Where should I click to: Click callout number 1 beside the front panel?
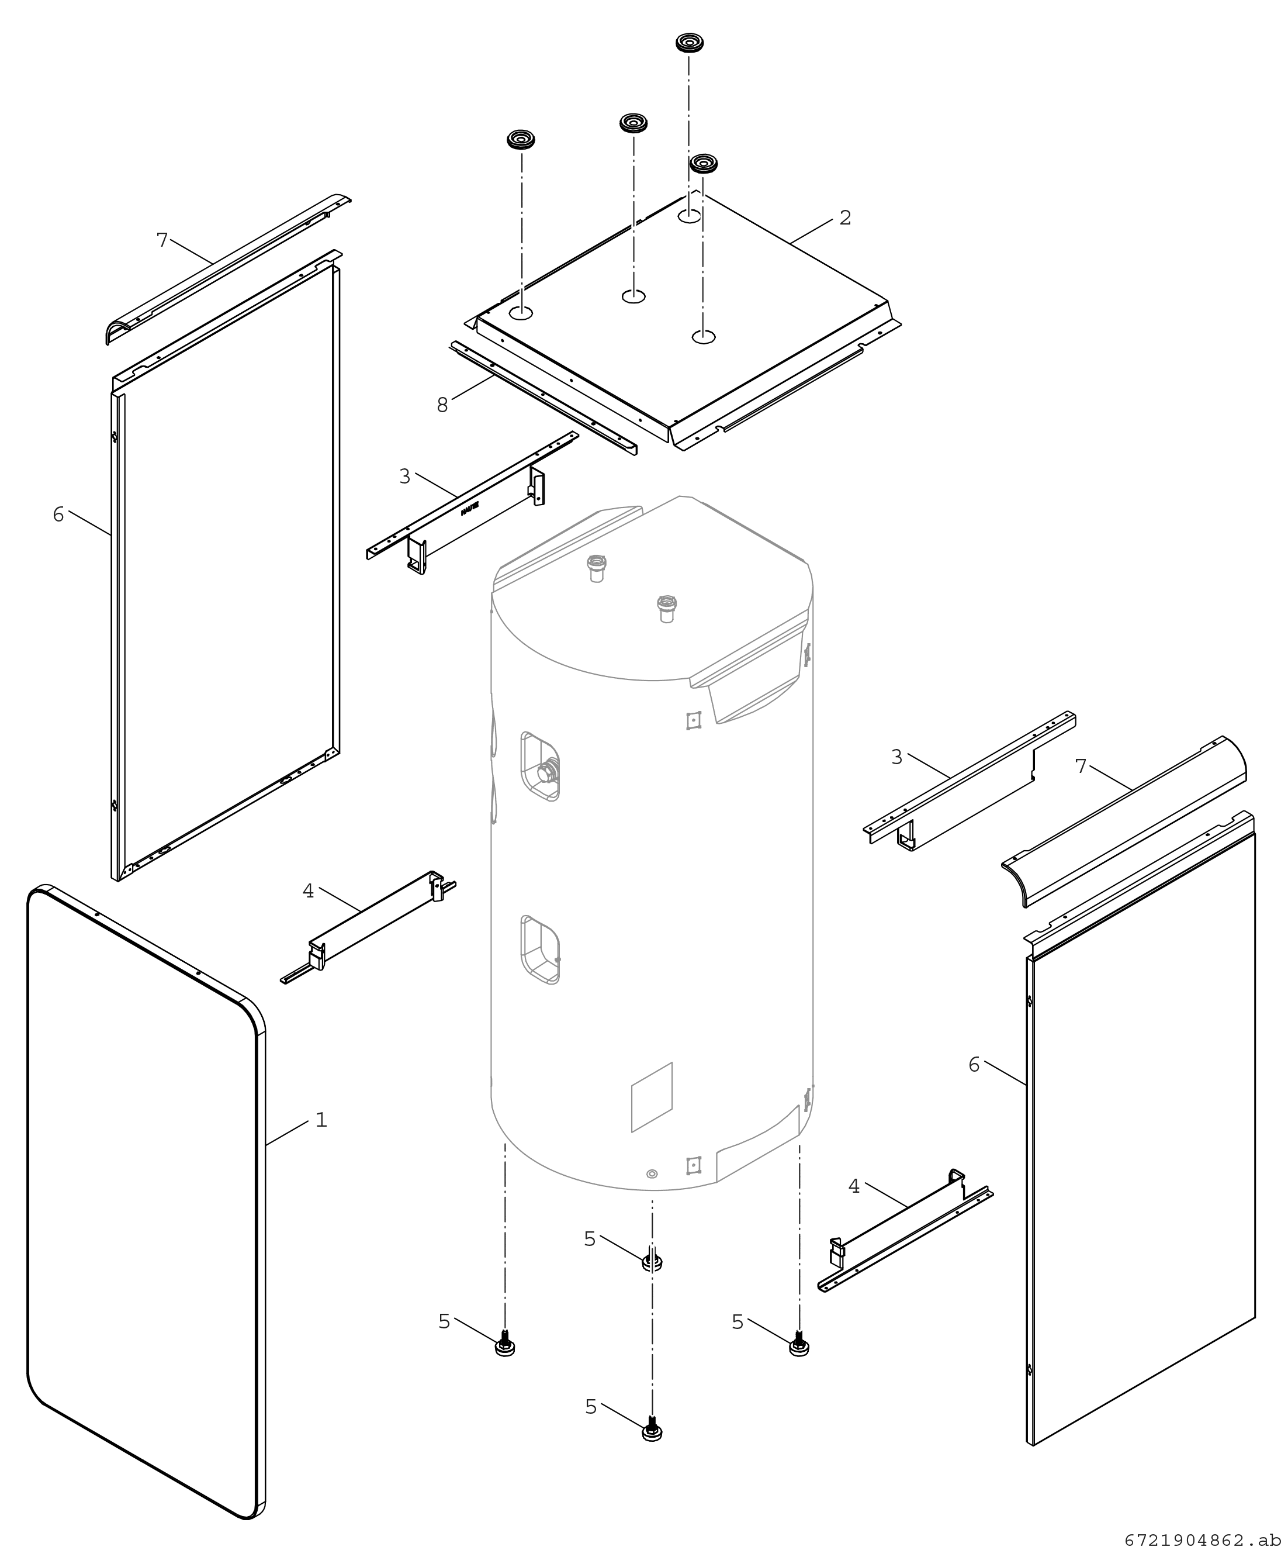click(x=321, y=1120)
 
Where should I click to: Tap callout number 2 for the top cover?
click(x=846, y=218)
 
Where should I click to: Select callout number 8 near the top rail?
click(x=442, y=405)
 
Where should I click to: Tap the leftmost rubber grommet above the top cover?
click(x=521, y=140)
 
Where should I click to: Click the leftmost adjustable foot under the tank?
click(x=505, y=1344)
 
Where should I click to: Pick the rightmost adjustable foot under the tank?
click(x=798, y=1344)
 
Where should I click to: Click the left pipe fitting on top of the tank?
click(x=596, y=568)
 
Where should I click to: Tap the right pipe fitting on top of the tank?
click(x=666, y=609)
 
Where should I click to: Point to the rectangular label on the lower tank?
click(x=652, y=1097)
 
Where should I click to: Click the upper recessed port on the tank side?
click(x=540, y=767)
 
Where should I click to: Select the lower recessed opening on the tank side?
click(x=540, y=950)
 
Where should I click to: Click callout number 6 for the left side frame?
click(x=59, y=515)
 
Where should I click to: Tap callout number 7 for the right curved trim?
click(x=1081, y=767)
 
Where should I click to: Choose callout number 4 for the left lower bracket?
click(x=309, y=891)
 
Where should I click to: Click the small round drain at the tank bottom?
click(x=652, y=1174)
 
